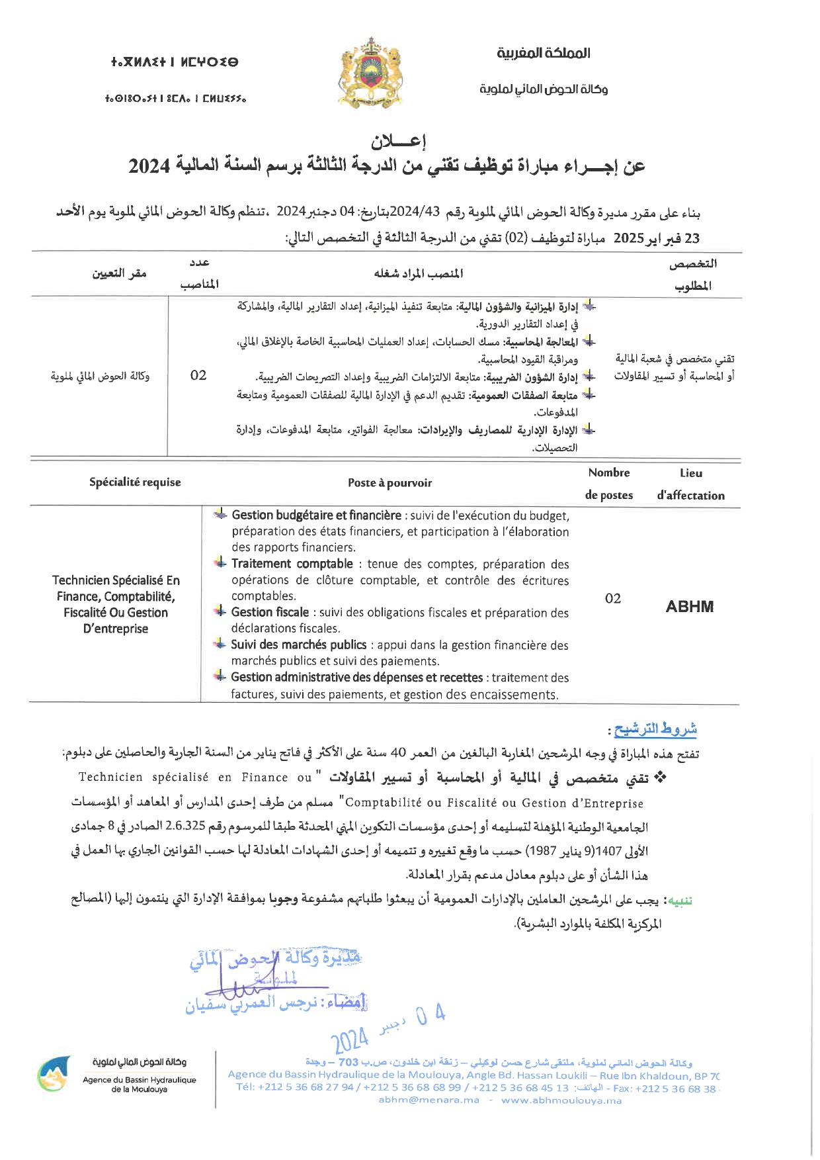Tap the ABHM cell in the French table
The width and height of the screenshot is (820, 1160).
pyautogui.click(x=690, y=607)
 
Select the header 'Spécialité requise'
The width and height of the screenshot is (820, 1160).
pyautogui.click(x=135, y=482)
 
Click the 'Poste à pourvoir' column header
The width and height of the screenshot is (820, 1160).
pyautogui.click(x=389, y=483)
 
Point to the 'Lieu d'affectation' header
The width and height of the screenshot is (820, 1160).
pyautogui.click(x=690, y=484)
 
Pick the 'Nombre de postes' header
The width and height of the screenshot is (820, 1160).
pyautogui.click(x=609, y=484)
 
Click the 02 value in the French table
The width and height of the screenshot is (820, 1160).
pyautogui.click(x=613, y=599)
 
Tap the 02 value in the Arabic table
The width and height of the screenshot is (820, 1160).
pyautogui.click(x=198, y=375)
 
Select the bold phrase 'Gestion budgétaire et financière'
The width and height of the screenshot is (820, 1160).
pyautogui.click(x=316, y=515)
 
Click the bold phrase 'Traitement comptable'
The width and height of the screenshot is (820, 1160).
pyautogui.click(x=292, y=564)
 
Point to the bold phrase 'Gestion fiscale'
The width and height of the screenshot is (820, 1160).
pyautogui.click(x=270, y=613)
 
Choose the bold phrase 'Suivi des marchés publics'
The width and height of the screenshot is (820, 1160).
pyautogui.click(x=298, y=645)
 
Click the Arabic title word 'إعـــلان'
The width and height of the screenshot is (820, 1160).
pyautogui.click(x=398, y=141)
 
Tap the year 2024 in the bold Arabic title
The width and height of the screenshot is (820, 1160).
pyautogui.click(x=149, y=166)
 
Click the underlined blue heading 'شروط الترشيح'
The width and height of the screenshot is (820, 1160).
pyautogui.click(x=655, y=729)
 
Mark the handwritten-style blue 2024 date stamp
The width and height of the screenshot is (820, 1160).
pyautogui.click(x=349, y=1041)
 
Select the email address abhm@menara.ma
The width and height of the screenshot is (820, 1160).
pyautogui.click(x=429, y=1100)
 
